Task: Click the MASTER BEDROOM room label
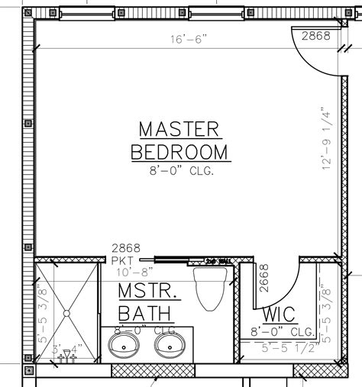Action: [x=179, y=140]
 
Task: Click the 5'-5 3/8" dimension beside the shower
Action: [x=43, y=313]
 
